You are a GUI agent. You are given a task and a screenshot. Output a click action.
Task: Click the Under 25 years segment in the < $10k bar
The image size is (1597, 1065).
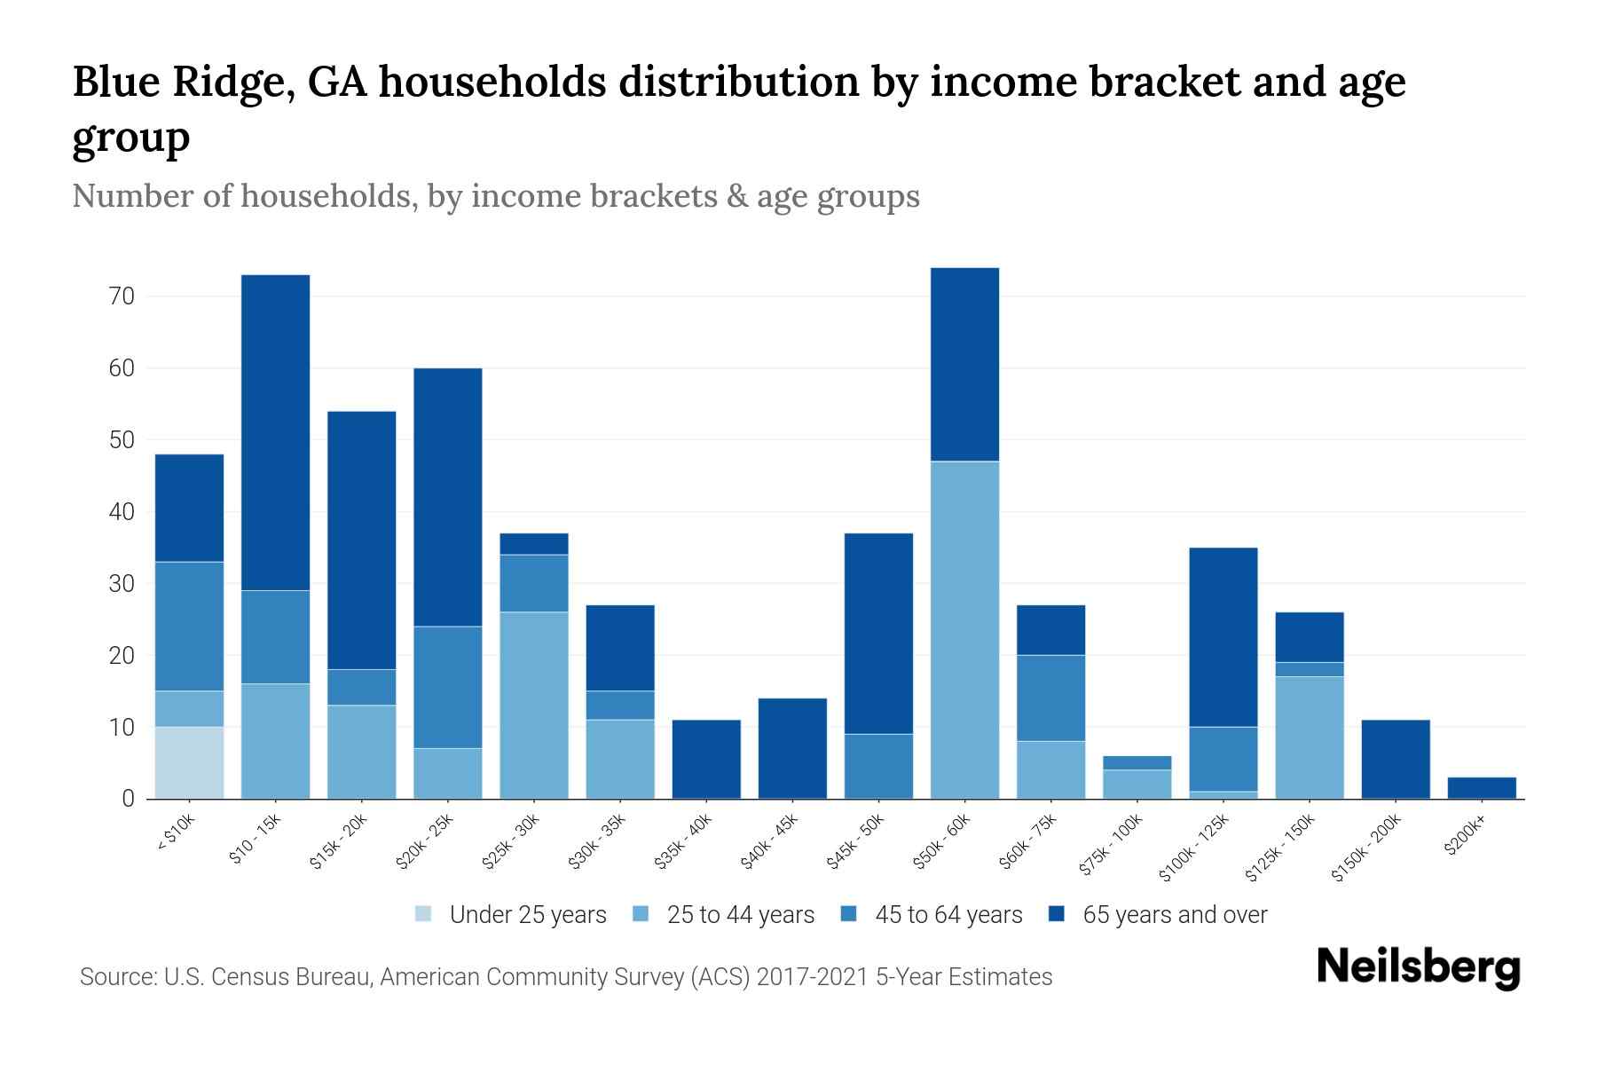(x=189, y=762)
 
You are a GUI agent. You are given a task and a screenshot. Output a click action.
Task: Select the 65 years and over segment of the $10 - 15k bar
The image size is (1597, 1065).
(x=275, y=432)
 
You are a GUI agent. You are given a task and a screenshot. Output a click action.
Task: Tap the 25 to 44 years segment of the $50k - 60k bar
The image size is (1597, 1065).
(x=964, y=629)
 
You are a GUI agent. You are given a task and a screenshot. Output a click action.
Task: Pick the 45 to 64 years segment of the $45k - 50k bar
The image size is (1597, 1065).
(x=878, y=766)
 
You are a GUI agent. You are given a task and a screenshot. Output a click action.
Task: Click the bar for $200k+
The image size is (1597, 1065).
(x=1482, y=788)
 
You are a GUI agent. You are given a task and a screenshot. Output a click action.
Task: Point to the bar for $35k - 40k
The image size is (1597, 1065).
(x=706, y=759)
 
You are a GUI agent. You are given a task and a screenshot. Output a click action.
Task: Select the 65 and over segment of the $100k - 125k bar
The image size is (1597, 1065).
(x=1223, y=637)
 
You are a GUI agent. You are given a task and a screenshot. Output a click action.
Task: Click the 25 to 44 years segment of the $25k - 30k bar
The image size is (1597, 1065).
(x=534, y=705)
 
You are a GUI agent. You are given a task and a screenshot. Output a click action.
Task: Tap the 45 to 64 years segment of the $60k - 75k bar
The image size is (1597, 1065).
(x=1050, y=698)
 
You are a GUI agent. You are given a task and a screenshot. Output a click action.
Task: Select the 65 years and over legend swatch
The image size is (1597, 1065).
(x=1056, y=914)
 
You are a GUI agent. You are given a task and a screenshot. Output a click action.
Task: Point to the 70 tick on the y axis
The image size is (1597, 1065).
(x=122, y=296)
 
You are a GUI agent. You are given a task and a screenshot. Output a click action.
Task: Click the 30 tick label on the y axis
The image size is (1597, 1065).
(x=122, y=584)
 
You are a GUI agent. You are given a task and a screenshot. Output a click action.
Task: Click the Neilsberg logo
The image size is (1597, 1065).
(x=1418, y=967)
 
